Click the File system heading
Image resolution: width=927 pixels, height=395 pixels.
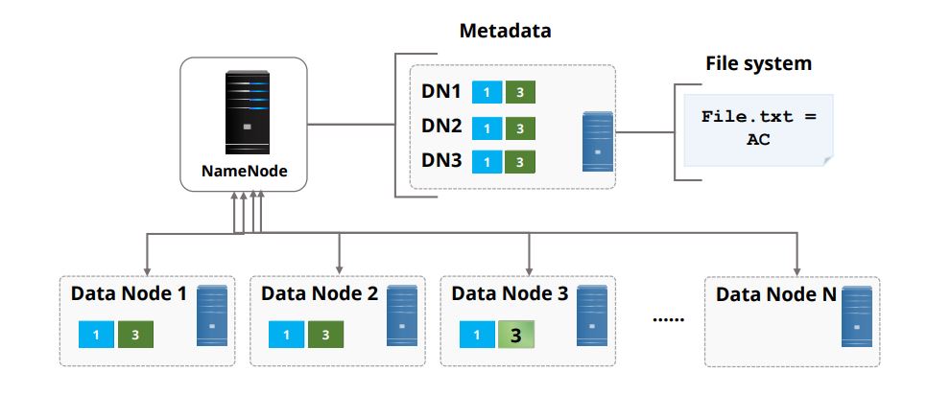click(758, 63)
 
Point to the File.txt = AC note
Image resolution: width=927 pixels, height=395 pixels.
click(758, 127)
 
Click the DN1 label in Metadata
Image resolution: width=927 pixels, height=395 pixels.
click(442, 93)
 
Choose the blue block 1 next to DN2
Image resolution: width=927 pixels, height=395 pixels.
click(488, 128)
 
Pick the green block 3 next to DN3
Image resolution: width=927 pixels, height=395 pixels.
click(519, 162)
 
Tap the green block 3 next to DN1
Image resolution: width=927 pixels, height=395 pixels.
click(519, 93)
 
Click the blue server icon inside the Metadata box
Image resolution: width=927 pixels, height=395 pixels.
click(598, 142)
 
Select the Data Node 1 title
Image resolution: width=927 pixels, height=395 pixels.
click(129, 293)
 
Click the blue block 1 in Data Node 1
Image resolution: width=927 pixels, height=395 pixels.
click(96, 336)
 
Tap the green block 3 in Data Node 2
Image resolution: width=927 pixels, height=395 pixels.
click(325, 336)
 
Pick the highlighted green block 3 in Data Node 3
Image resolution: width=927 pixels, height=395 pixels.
click(515, 336)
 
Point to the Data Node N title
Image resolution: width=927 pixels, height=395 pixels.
click(775, 293)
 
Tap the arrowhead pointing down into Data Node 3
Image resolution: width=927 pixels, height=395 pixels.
click(531, 267)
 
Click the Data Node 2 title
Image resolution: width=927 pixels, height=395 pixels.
click(319, 293)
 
